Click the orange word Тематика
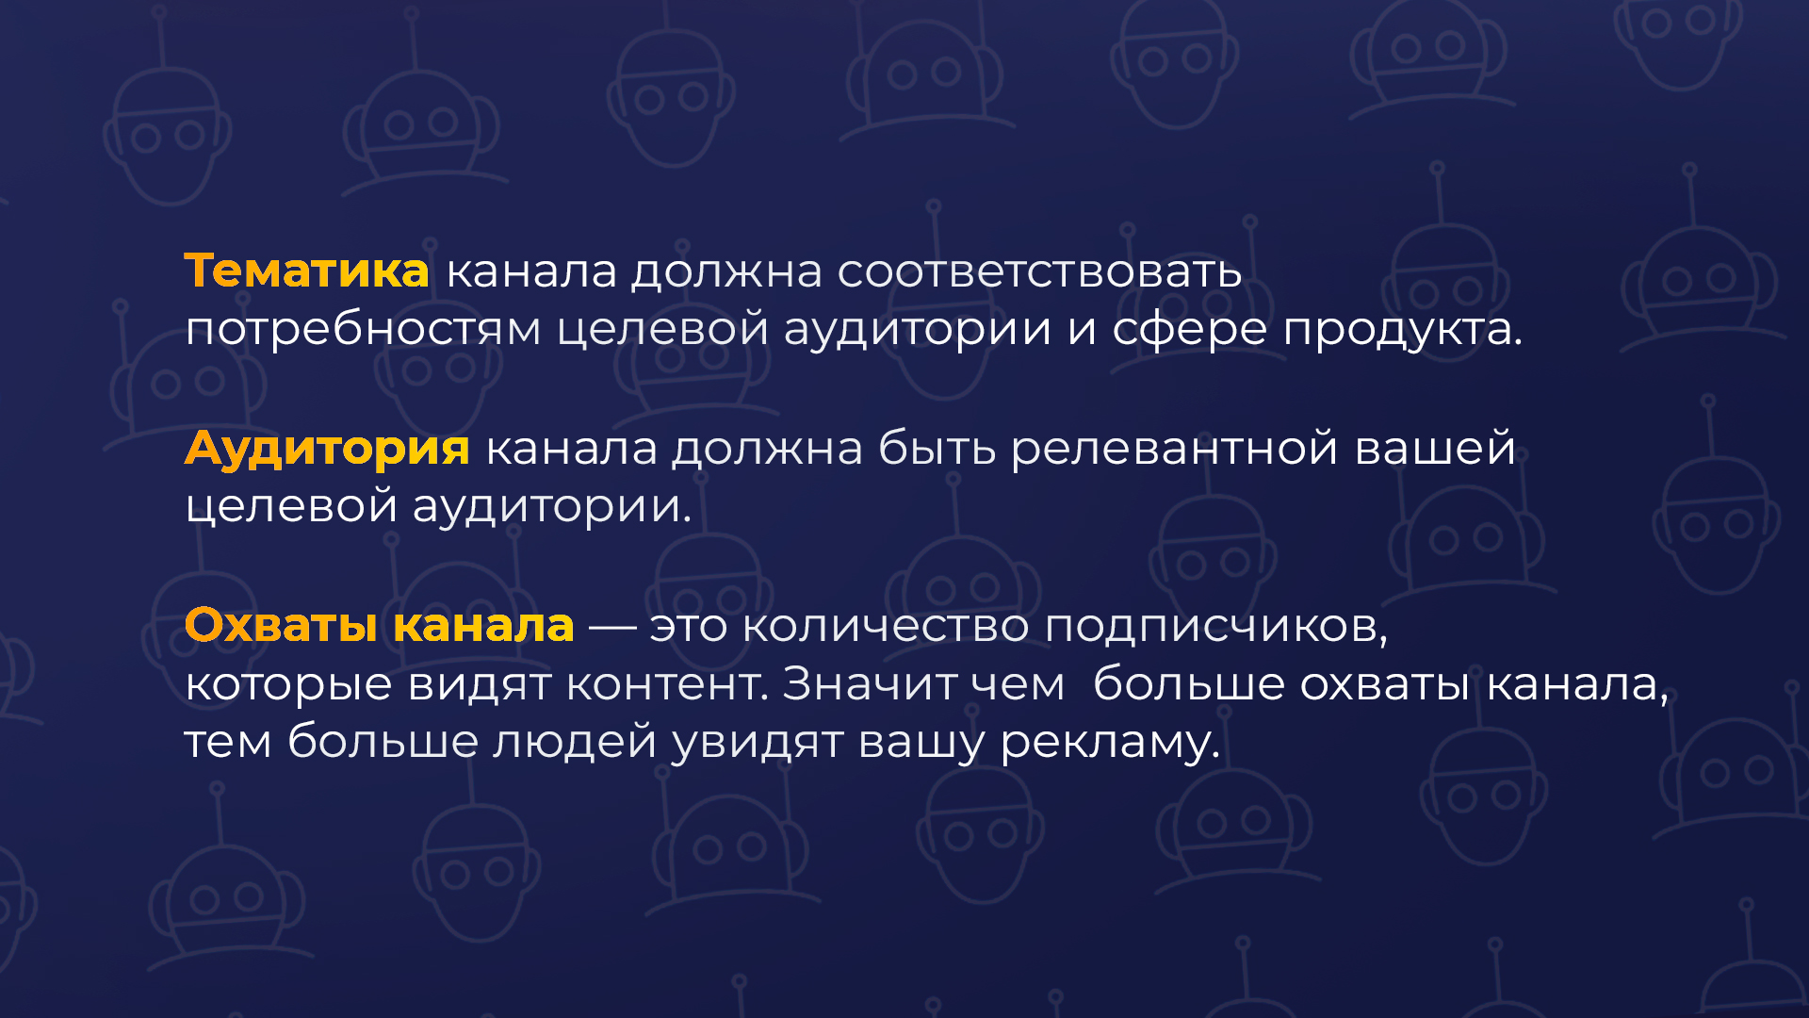(x=307, y=271)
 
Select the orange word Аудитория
(x=327, y=449)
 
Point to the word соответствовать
(x=1039, y=272)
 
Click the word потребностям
(x=363, y=330)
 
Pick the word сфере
(x=1190, y=330)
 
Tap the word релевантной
(x=1174, y=449)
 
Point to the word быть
(x=937, y=448)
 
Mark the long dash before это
(x=612, y=627)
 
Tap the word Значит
(x=870, y=683)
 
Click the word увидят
(x=757, y=743)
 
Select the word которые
(x=288, y=685)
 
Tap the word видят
(x=479, y=685)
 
